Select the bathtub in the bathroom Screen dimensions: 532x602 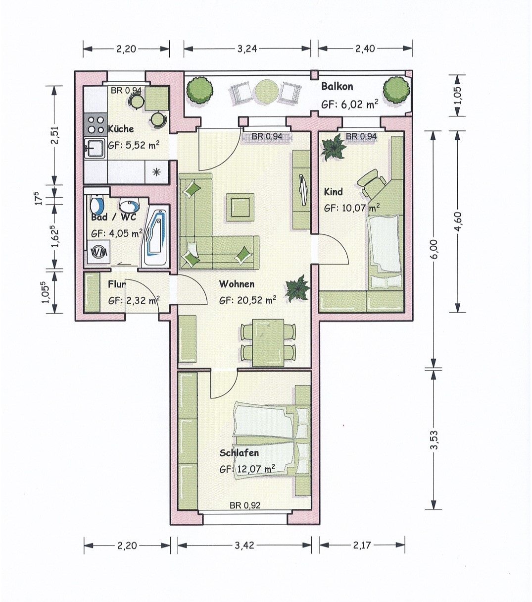tap(155, 236)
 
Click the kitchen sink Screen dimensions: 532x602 tap(95, 149)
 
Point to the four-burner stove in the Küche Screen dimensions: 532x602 tap(96, 125)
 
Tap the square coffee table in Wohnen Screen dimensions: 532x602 tap(240, 207)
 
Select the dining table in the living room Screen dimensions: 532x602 tap(268, 342)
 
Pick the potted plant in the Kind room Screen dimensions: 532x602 tap(334, 147)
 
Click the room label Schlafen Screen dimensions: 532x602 tap(239, 452)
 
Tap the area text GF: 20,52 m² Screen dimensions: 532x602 tap(247, 300)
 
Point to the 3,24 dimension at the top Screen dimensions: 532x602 tap(247, 49)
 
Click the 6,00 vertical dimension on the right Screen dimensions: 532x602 tap(434, 249)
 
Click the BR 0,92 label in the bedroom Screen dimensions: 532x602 tap(245, 505)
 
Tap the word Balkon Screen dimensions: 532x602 tap(337, 87)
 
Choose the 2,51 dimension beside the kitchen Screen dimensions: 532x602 tap(55, 135)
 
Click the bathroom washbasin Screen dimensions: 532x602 tap(129, 205)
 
